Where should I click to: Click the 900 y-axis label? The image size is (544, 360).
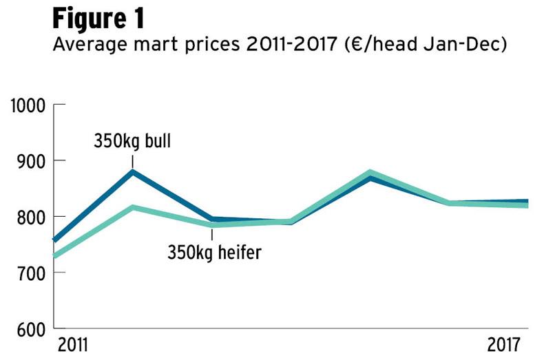tap(30, 161)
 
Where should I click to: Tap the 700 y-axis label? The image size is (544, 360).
tap(30, 273)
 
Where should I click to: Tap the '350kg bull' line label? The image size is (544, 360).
tap(132, 142)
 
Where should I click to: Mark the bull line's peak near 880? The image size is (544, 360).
tap(132, 171)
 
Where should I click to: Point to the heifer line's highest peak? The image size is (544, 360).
tap(370, 173)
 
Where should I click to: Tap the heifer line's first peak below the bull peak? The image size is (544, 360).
tap(132, 207)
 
